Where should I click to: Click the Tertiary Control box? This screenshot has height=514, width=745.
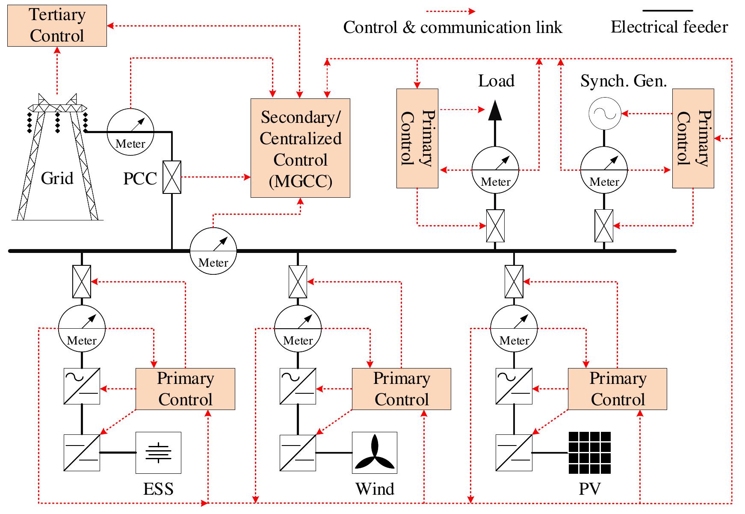pyautogui.click(x=57, y=26)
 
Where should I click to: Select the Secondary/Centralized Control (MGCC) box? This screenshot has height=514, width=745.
pyautogui.click(x=300, y=148)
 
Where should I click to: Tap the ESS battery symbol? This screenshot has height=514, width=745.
pyautogui.click(x=158, y=453)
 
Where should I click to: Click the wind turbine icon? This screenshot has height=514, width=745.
pyautogui.click(x=375, y=453)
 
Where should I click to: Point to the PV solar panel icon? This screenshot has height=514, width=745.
pyautogui.click(x=590, y=453)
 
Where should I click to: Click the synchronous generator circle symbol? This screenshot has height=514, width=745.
pyautogui.click(x=604, y=114)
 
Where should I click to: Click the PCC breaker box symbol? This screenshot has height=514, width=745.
pyautogui.click(x=172, y=177)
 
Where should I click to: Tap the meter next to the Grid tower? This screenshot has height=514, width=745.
pyautogui.click(x=130, y=131)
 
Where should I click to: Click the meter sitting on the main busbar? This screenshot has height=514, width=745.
pyautogui.click(x=213, y=250)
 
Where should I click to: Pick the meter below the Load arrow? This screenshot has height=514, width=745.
pyautogui.click(x=495, y=170)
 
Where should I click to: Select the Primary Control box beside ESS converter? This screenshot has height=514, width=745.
pyautogui.click(x=185, y=389)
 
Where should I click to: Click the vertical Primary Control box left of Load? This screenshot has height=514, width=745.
pyautogui.click(x=417, y=138)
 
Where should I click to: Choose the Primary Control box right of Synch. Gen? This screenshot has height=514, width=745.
pyautogui.click(x=693, y=138)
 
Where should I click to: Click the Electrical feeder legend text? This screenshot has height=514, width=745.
pyautogui.click(x=669, y=27)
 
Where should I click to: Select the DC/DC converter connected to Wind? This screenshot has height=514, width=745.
pyautogui.click(x=298, y=453)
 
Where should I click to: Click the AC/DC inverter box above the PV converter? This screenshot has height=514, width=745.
pyautogui.click(x=514, y=386)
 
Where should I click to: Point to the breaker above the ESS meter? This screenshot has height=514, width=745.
pyautogui.click(x=82, y=282)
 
